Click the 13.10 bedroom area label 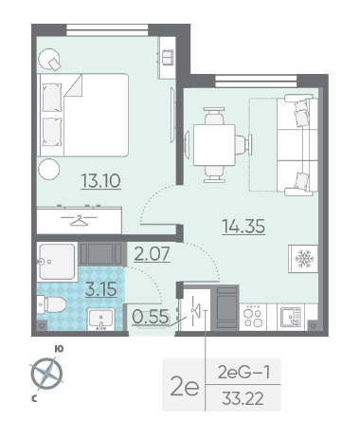tap(100, 181)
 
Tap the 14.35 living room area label tap(243, 226)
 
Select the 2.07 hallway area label tap(153, 254)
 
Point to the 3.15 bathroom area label tap(101, 289)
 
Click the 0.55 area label tap(151, 317)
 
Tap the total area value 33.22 tap(243, 398)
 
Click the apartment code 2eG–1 tap(244, 372)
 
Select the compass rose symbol tap(46, 374)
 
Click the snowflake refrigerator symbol tap(304, 259)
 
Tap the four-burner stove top tap(253, 318)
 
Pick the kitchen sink tap(291, 318)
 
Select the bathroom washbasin tap(101, 320)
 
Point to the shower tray tap(57, 262)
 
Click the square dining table tap(214, 145)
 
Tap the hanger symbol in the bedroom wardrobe tap(79, 220)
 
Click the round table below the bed tap(49, 169)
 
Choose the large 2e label tap(185, 386)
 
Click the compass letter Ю tap(59, 349)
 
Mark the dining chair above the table tap(214, 116)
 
